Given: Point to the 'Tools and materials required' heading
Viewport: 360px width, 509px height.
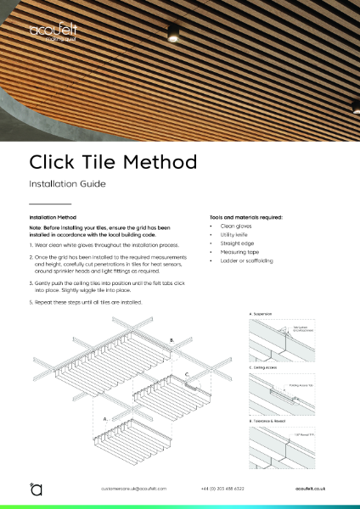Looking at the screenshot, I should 245,218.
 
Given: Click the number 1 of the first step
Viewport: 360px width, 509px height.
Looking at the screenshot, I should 31,243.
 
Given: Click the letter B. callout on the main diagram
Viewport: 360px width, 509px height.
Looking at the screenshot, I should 173,341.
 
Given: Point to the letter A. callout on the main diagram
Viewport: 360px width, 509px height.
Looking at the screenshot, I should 105,418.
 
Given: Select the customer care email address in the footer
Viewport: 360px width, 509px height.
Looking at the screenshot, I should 133,489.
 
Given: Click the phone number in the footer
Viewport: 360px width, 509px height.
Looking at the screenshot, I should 222,489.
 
